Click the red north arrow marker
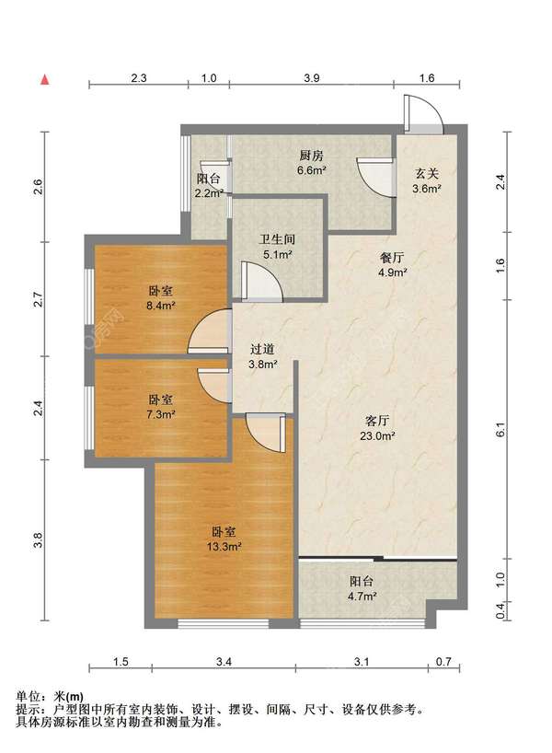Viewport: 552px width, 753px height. (x=45, y=80)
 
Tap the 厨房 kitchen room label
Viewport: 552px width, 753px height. (x=312, y=156)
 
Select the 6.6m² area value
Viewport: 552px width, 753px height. (x=312, y=170)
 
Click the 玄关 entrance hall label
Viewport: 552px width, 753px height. (x=427, y=174)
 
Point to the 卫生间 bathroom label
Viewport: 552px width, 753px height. (x=278, y=239)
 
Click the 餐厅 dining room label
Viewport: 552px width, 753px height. (x=392, y=258)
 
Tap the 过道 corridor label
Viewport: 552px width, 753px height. (x=262, y=350)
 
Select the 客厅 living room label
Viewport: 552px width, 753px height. (x=377, y=422)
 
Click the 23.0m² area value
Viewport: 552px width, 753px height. (x=377, y=436)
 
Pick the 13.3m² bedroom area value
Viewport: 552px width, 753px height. (x=224, y=547)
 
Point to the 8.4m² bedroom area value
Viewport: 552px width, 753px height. (x=160, y=305)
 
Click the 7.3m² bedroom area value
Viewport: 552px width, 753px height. (x=160, y=414)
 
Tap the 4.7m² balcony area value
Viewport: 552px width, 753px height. (x=362, y=597)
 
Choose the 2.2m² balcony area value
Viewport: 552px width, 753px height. (x=209, y=193)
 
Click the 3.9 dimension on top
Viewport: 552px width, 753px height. (x=312, y=78)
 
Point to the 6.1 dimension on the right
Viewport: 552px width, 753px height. (x=500, y=429)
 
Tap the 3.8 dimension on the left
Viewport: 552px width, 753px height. (x=39, y=540)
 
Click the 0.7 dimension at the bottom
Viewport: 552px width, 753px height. (x=444, y=662)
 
